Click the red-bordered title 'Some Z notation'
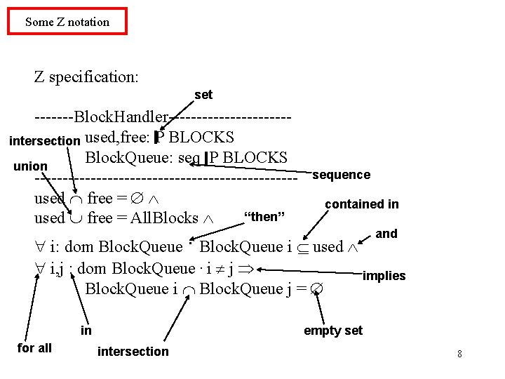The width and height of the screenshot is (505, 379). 67,22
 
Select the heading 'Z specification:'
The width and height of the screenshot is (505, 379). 86,77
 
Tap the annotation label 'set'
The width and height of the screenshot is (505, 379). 203,95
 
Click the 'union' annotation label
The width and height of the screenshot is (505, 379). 30,167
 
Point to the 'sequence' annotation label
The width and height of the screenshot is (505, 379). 341,175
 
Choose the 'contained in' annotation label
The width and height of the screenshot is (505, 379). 361,204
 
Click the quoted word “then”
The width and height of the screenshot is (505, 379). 263,216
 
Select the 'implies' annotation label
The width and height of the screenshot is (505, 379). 384,276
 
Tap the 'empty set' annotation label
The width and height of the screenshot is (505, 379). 332,331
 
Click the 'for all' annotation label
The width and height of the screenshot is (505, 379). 34,347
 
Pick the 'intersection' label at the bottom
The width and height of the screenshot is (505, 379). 133,351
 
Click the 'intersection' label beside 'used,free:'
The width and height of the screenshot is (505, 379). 44,140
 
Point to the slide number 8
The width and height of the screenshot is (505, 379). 459,354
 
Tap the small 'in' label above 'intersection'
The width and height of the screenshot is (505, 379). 86,331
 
